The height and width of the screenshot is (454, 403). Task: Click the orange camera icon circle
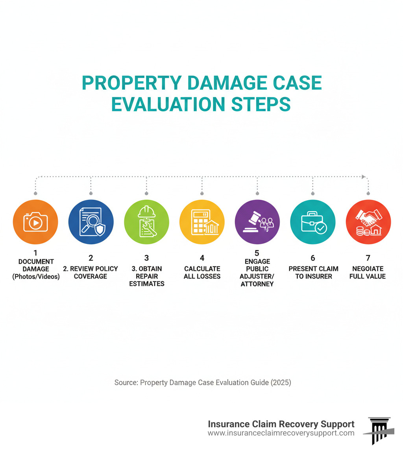pyautogui.click(x=35, y=222)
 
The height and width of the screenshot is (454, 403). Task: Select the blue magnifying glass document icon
pyautogui.click(x=91, y=222)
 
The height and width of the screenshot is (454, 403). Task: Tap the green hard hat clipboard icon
pyautogui.click(x=146, y=222)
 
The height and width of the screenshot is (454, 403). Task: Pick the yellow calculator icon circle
pyautogui.click(x=202, y=222)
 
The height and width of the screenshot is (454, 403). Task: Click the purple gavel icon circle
pyautogui.click(x=257, y=222)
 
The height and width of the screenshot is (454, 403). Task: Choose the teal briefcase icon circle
pyautogui.click(x=313, y=222)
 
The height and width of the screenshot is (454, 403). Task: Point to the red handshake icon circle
pyautogui.click(x=368, y=222)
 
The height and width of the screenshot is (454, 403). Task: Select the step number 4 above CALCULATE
pyautogui.click(x=202, y=258)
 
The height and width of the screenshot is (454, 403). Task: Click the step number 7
pyautogui.click(x=368, y=258)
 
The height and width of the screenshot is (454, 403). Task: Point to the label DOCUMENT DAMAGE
pyautogui.click(x=36, y=265)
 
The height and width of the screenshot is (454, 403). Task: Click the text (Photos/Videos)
pyautogui.click(x=36, y=277)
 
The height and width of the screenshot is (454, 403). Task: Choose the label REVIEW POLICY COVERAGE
pyautogui.click(x=91, y=272)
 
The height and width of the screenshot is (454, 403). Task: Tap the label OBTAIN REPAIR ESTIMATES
pyautogui.click(x=147, y=276)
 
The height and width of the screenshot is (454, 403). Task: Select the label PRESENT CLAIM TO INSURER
pyautogui.click(x=313, y=272)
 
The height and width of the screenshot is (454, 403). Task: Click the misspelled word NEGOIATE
pyautogui.click(x=368, y=269)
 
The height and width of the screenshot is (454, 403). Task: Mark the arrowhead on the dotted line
pyautogui.click(x=364, y=177)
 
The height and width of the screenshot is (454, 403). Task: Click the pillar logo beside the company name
pyautogui.click(x=379, y=430)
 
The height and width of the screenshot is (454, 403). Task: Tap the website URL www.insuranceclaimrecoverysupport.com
pyautogui.click(x=281, y=433)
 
